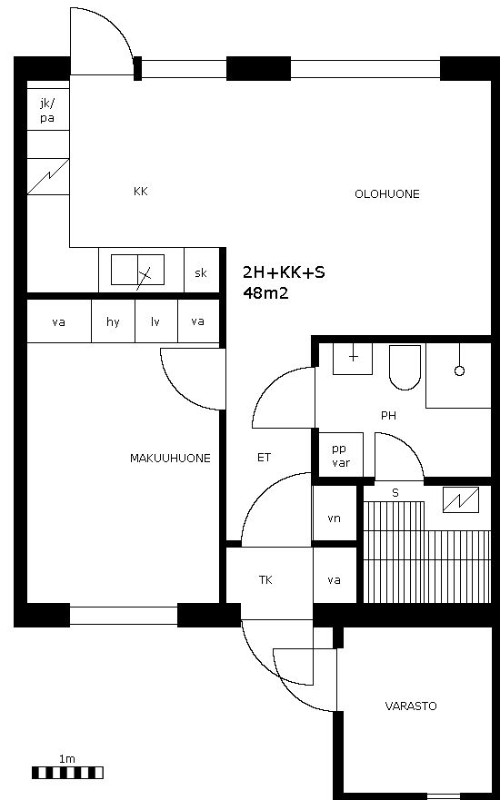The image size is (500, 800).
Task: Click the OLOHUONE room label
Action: tap(386, 194)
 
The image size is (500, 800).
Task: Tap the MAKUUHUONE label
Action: tap(170, 459)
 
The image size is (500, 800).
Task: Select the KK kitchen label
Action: tap(140, 192)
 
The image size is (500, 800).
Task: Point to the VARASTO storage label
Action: tap(411, 706)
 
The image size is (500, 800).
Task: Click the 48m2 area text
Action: tap(265, 293)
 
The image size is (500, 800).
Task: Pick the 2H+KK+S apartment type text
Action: tap(284, 272)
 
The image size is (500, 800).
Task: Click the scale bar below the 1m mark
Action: tap(67, 773)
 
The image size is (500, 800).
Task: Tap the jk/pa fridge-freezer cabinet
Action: tap(47, 110)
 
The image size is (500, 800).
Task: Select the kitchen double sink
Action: tap(138, 270)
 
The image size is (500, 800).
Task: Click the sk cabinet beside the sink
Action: tap(201, 271)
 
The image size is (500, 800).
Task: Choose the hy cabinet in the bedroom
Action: tap(113, 321)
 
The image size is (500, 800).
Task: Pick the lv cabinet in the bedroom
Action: tap(155, 321)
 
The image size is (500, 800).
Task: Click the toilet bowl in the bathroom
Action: tap(405, 367)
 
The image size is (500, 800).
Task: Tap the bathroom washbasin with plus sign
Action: tap(353, 359)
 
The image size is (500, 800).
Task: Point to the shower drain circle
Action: tap(459, 370)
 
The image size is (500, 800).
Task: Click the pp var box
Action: tap(341, 455)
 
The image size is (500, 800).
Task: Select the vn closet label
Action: tap(334, 519)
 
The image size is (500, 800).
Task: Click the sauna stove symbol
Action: tap(461, 500)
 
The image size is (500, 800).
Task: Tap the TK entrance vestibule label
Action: tap(265, 580)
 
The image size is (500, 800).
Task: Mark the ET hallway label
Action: tap(264, 458)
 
